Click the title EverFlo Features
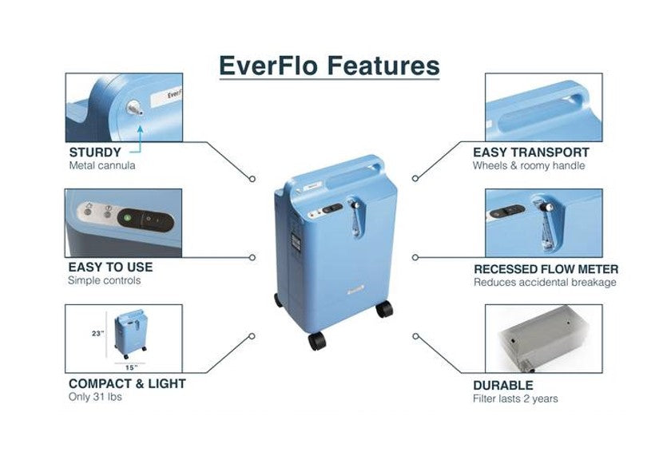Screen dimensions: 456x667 [329, 65]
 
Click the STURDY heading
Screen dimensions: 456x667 [94, 152]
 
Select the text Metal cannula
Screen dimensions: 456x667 [101, 166]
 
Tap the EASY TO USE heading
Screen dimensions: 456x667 [110, 267]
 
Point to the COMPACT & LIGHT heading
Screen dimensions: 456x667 [127, 383]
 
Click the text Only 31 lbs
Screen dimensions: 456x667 [95, 397]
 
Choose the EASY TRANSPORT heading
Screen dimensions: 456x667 [531, 152]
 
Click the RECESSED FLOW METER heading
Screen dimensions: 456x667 [546, 269]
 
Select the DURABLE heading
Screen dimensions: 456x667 [503, 385]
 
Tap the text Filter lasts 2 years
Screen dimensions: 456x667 [516, 399]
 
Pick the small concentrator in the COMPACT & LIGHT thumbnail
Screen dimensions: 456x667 [129, 334]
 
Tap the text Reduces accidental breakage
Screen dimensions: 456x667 [545, 283]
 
